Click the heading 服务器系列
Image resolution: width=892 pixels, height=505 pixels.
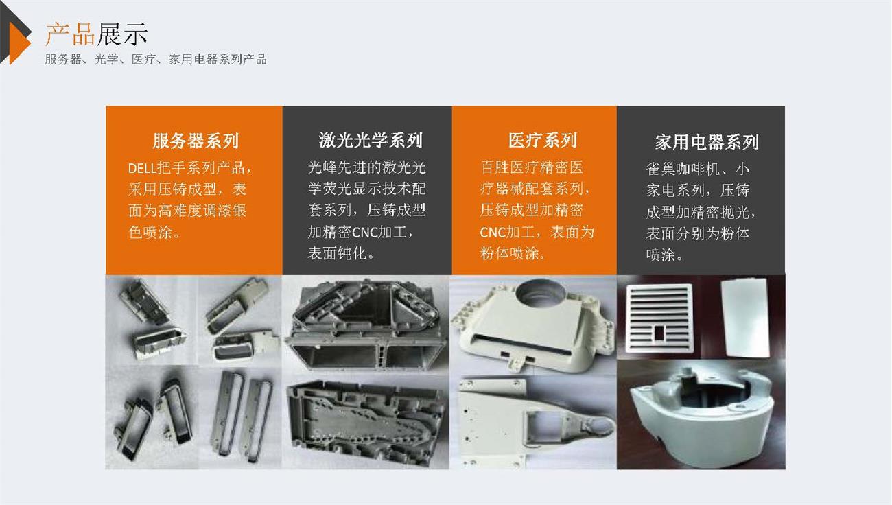196,141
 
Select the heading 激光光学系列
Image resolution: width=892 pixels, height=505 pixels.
371,140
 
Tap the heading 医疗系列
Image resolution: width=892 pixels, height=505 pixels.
542,140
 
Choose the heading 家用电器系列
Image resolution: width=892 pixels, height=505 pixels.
707,142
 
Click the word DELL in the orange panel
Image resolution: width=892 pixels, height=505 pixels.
141,169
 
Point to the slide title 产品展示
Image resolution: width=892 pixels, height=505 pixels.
96,34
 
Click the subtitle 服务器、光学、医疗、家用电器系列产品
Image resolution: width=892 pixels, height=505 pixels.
156,59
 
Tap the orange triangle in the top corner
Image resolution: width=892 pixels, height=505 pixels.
19,43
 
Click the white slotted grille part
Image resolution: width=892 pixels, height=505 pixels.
659,318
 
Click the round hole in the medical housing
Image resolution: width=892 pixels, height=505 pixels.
541,293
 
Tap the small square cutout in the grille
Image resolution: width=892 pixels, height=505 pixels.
659,333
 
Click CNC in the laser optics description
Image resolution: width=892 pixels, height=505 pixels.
365,232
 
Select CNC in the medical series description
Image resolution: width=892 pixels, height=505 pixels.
492,232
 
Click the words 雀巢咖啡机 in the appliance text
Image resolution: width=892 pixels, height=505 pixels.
683,169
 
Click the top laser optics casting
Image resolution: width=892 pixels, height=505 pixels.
366,324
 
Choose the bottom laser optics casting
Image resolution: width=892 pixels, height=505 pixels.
366,421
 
